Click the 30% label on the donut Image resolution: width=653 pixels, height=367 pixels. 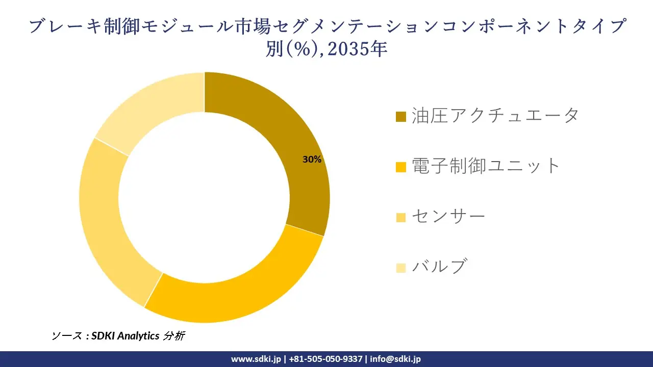click(312, 160)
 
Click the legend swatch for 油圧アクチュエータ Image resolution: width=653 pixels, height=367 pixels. click(401, 117)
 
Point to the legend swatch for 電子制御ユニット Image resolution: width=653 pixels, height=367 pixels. click(401, 167)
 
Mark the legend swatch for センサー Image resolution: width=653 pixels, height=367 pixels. click(401, 217)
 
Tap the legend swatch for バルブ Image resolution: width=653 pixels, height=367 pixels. click(401, 267)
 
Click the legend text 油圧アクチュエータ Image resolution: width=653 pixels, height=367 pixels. click(495, 116)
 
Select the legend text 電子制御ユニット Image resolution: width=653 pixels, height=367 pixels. click(486, 166)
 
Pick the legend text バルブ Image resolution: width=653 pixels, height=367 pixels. click(439, 266)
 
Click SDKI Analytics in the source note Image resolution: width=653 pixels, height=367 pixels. click(125, 336)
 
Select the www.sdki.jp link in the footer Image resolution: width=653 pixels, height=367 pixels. click(256, 359)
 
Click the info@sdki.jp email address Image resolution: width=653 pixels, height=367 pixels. click(395, 359)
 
